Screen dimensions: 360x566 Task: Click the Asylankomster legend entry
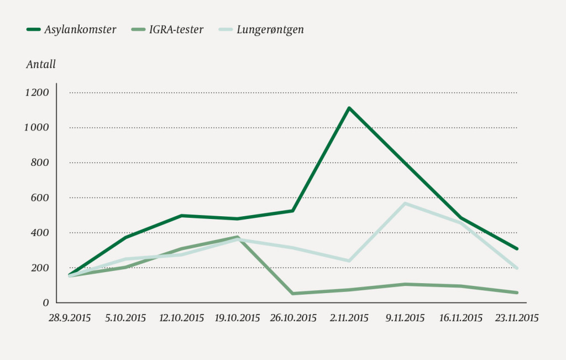pyautogui.click(x=81, y=30)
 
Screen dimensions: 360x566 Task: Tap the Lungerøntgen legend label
pyautogui.click(x=270, y=30)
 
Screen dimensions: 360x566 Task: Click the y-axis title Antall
pyautogui.click(x=41, y=65)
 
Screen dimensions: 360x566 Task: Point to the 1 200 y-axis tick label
pyautogui.click(x=36, y=92)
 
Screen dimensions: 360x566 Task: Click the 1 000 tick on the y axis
pyautogui.click(x=36, y=127)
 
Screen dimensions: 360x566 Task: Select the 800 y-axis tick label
pyautogui.click(x=40, y=163)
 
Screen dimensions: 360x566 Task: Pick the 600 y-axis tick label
pyautogui.click(x=40, y=197)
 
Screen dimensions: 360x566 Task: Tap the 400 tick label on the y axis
pyautogui.click(x=40, y=233)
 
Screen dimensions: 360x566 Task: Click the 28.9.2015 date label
pyautogui.click(x=69, y=318)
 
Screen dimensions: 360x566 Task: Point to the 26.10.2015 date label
pyautogui.click(x=293, y=318)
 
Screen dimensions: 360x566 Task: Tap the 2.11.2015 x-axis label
pyautogui.click(x=349, y=318)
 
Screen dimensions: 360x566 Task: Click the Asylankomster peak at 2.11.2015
pyautogui.click(x=349, y=108)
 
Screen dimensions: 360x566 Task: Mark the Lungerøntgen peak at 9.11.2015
pyautogui.click(x=405, y=204)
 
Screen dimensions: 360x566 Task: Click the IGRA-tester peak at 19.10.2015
pyautogui.click(x=237, y=237)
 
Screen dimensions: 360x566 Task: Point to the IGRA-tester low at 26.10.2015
pyautogui.click(x=293, y=293)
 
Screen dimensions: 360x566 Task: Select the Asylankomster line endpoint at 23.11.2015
pyautogui.click(x=516, y=249)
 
